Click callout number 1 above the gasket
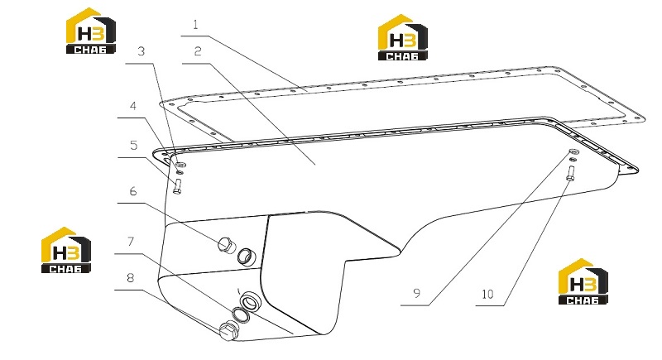point(195,25)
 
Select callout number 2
point(198,51)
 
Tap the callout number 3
point(141,51)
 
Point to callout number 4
point(133,105)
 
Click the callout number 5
point(133,145)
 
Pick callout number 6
point(133,191)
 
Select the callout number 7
point(131,242)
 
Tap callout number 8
point(131,278)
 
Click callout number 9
point(417,292)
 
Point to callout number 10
point(487,294)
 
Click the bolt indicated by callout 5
point(177,186)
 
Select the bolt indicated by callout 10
point(570,174)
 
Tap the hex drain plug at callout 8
point(229,329)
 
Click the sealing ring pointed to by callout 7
point(241,315)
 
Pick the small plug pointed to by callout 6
point(227,245)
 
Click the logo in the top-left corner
point(91,31)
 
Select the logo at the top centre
point(402,37)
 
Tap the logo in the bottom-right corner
point(583,281)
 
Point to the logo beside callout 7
point(66,250)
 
